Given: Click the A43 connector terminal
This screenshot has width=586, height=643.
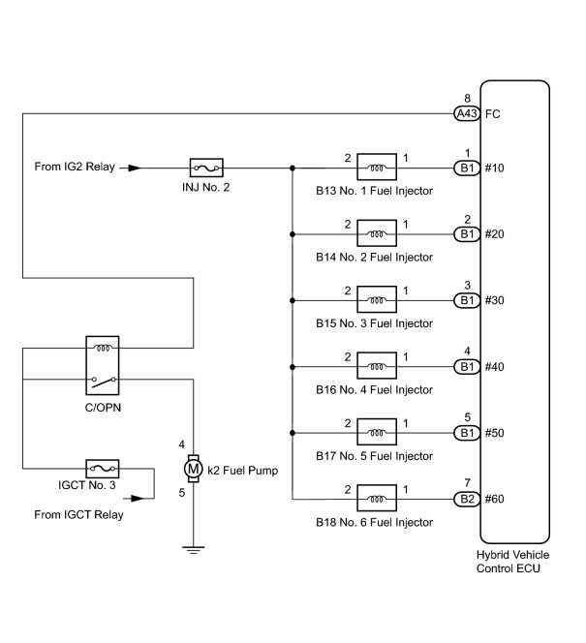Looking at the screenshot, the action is tap(467, 113).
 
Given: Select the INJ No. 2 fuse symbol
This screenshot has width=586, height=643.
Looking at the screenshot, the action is tap(206, 168).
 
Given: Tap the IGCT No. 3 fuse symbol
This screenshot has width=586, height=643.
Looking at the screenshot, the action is tap(103, 469).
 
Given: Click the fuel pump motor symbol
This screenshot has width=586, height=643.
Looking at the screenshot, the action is tap(193, 469).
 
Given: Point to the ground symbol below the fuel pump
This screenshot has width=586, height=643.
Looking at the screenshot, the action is tap(193, 550).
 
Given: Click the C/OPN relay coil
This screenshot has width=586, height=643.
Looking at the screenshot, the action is tap(103, 349).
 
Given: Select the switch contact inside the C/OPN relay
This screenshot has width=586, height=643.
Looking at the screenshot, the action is tap(104, 382).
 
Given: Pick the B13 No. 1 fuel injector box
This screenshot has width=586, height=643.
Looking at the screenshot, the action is tap(377, 167).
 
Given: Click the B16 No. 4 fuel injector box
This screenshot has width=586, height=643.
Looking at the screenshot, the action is tap(377, 365).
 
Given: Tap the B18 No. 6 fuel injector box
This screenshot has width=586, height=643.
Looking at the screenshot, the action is tap(377, 499).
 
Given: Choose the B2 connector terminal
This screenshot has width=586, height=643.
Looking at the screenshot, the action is tap(467, 499).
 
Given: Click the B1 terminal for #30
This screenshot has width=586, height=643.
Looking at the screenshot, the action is tap(467, 300).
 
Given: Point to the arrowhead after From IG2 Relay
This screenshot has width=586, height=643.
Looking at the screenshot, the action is tap(135, 168).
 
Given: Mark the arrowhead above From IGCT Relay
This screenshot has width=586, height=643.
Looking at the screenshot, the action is tap(138, 499).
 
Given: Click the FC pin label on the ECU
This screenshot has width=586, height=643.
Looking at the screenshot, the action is tap(492, 114).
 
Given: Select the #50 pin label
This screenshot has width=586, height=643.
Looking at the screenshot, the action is tap(495, 433).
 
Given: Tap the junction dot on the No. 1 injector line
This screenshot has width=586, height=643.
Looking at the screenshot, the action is tap(293, 168).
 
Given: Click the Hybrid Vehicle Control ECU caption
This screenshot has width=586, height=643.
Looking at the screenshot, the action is tap(512, 562).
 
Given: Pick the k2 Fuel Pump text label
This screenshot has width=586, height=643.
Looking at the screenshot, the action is tap(243, 471).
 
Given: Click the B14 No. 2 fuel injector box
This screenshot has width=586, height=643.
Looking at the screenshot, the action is tap(377, 233).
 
